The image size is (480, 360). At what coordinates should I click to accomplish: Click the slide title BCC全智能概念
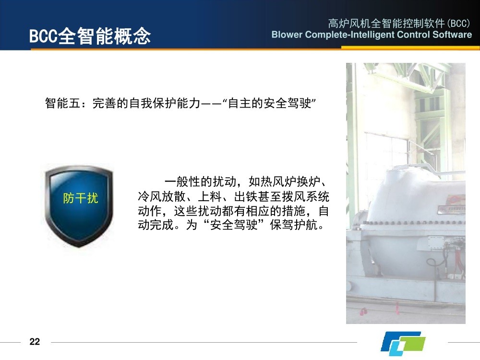coord(90,36)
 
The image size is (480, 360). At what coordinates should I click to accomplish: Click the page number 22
coord(35,342)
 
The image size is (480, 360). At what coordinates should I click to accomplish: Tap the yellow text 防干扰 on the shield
coord(81,198)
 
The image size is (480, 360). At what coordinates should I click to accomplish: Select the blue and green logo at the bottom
coord(403,343)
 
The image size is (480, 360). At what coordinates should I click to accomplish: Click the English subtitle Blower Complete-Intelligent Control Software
coord(372,35)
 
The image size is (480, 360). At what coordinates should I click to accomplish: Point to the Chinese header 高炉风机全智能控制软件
coord(386,23)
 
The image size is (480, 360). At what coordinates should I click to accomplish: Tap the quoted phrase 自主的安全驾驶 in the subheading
coord(269,103)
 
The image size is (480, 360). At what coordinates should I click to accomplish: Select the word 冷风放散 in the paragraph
coord(161,196)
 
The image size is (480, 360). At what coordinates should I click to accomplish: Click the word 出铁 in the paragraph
coord(246,196)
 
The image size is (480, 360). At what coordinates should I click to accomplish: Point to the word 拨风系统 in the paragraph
coord(305,196)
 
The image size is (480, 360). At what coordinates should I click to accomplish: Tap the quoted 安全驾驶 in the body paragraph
coord(234,225)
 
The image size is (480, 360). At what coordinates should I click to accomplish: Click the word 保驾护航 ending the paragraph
coord(293,225)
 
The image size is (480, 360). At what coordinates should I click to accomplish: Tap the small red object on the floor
coord(363,312)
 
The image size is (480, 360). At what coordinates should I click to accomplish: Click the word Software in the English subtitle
coord(452,35)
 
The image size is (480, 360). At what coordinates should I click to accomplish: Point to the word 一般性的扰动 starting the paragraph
coord(200,182)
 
